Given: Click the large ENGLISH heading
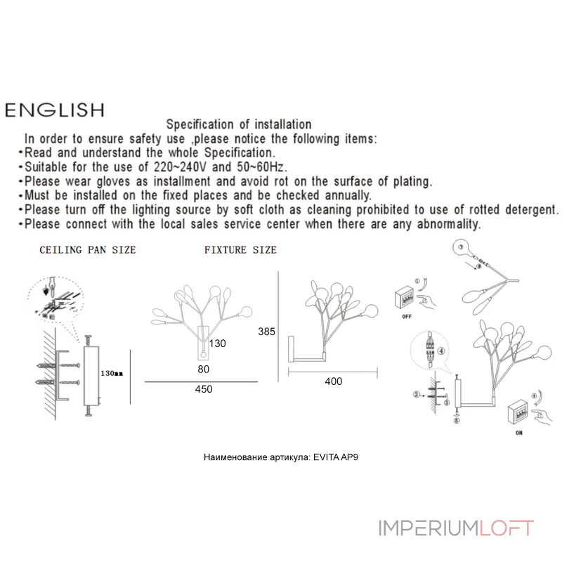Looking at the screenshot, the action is [x=55, y=110].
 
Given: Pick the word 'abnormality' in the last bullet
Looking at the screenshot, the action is [x=448, y=224].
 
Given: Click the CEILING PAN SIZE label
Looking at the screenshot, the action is [x=88, y=250].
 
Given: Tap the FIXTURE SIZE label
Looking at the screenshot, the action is [x=240, y=250].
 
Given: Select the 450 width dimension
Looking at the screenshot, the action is [x=204, y=389].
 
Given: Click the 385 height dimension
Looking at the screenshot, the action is [x=267, y=332].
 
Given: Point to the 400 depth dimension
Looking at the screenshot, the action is [x=333, y=381].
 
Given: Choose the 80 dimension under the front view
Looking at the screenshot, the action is [x=204, y=370].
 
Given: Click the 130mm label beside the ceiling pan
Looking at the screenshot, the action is [x=112, y=374].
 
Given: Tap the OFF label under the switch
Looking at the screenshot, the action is [x=407, y=317].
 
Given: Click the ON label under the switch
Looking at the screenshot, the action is [x=519, y=433].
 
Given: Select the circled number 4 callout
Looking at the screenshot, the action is [x=441, y=351].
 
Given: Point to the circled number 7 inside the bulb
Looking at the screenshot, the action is [x=461, y=247].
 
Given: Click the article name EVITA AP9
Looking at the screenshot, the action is [x=336, y=457].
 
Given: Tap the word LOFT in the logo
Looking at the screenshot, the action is [x=507, y=528].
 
